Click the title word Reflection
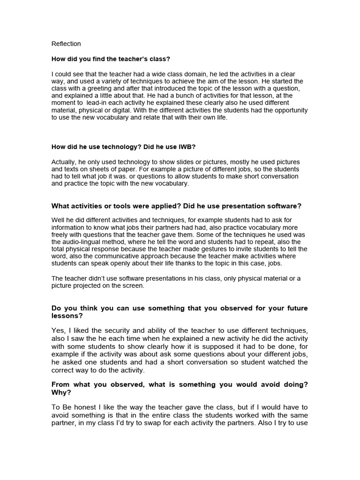point(66,44)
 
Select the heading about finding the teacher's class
point(111,59)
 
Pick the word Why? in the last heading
point(61,392)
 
